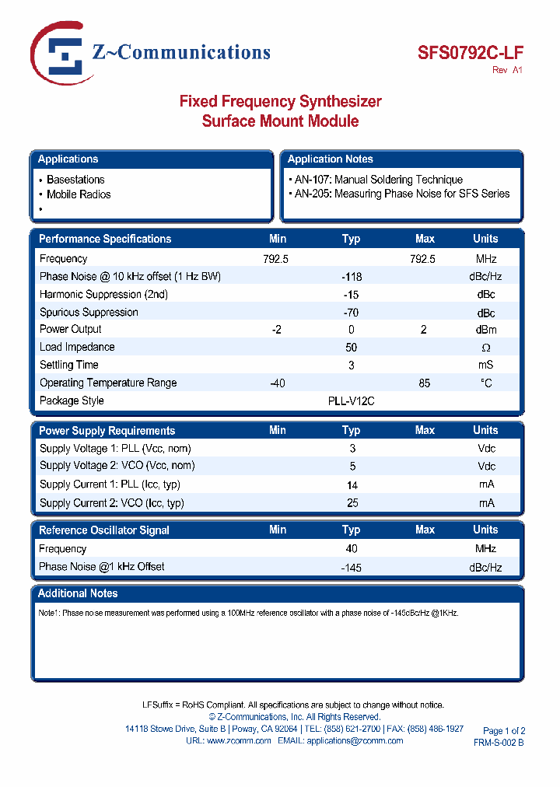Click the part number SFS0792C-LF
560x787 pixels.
pos(471,54)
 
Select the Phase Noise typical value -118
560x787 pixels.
pos(352,277)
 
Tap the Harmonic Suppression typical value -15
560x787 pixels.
pos(352,295)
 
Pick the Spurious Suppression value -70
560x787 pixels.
pos(352,313)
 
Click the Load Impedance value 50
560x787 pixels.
pos(352,347)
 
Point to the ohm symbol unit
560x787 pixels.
pos(485,348)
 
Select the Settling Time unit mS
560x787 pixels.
pos(485,365)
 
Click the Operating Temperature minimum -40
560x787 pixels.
pos(277,383)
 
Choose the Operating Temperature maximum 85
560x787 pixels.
pos(425,383)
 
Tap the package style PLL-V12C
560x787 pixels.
pos(352,401)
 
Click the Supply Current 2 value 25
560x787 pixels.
pos(352,503)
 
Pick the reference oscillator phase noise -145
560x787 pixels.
pos(352,568)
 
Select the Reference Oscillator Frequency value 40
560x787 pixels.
pos(352,549)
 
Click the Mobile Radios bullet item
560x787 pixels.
pos(79,194)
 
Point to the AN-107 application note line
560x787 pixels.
pos(378,180)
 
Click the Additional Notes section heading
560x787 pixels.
pos(78,593)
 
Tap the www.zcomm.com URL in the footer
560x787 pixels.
pos(239,741)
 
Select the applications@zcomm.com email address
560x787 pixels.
pos(355,741)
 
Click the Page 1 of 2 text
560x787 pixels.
pos(504,731)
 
